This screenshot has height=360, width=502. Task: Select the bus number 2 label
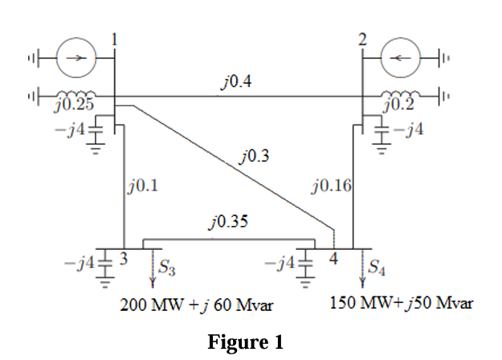coord(361,37)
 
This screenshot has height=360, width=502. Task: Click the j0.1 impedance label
coord(142,187)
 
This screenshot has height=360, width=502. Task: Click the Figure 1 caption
coord(246,342)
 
